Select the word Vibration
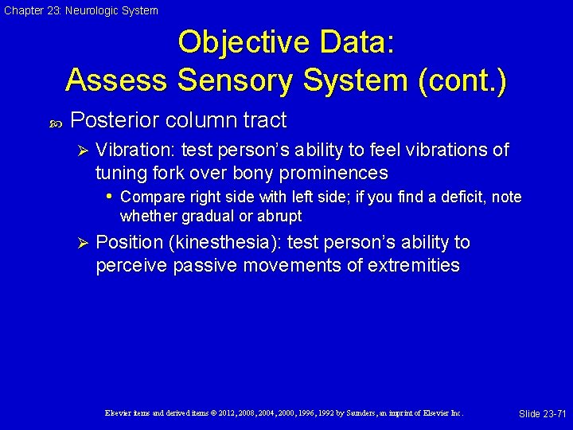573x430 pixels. click(135, 150)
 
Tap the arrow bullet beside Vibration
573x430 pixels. click(80, 150)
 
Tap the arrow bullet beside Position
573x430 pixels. click(80, 243)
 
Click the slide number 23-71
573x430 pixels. click(552, 414)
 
